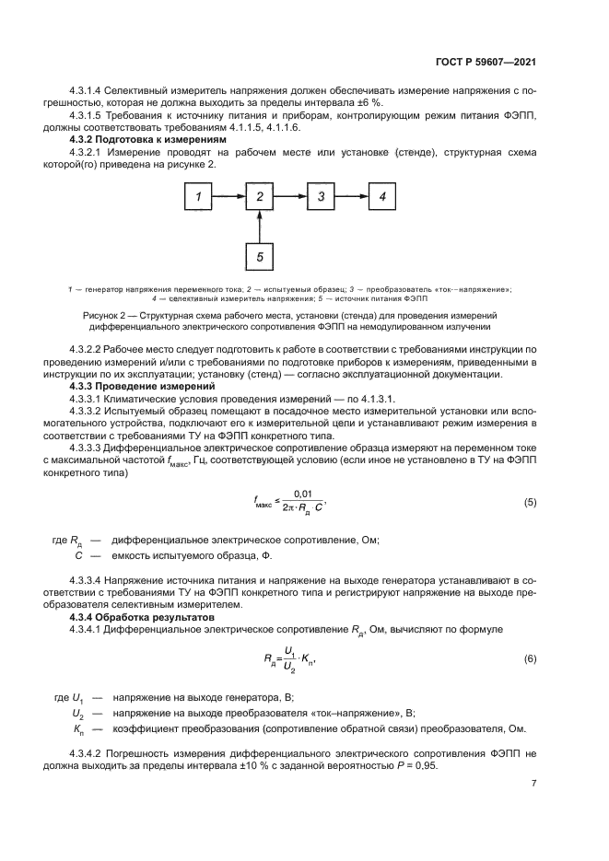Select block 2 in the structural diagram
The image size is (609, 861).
click(261, 196)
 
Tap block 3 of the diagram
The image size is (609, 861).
click(321, 196)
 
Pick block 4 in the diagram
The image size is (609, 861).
click(382, 196)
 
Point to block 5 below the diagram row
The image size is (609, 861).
click(261, 257)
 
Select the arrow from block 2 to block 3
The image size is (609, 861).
click(291, 196)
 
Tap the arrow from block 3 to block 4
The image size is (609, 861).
click(352, 196)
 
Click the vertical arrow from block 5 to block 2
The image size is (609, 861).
click(261, 227)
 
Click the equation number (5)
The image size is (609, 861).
click(530, 502)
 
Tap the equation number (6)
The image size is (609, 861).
click(530, 659)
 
